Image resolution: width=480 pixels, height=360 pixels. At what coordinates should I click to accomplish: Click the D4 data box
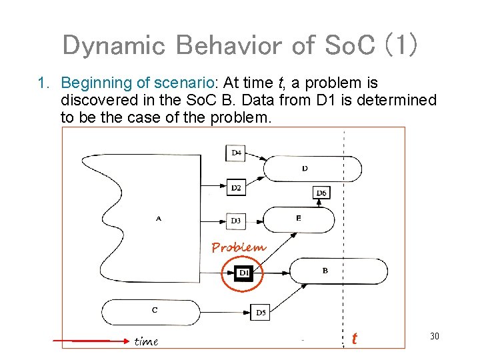tap(236, 153)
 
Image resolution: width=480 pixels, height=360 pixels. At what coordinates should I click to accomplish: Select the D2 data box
tap(236, 188)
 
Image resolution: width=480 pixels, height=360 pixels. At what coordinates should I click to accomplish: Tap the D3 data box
tap(236, 220)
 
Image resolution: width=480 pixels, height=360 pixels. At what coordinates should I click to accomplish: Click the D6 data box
tap(321, 193)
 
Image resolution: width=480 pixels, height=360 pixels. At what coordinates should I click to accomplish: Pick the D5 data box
tap(260, 312)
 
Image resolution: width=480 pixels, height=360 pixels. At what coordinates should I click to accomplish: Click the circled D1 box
tap(243, 273)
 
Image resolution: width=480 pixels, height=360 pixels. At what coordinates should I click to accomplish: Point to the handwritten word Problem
tap(238, 247)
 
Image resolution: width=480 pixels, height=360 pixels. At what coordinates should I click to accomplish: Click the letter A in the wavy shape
tap(159, 217)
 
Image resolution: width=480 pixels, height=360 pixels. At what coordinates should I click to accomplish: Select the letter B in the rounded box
tap(325, 271)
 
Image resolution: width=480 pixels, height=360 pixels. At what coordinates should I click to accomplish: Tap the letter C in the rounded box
tap(155, 309)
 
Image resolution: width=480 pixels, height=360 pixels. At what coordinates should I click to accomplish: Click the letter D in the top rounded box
tap(305, 168)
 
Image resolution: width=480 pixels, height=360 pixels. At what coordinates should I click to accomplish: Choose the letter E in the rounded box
tap(298, 218)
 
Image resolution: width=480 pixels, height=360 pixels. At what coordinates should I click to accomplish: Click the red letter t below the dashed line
tap(354, 339)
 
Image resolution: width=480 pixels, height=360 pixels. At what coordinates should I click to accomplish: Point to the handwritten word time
tap(146, 341)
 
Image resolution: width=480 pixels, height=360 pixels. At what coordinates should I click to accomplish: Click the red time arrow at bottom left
tap(90, 341)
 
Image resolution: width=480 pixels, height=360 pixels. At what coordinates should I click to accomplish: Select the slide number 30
tap(434, 337)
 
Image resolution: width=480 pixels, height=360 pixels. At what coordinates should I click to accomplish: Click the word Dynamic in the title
tap(113, 45)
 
